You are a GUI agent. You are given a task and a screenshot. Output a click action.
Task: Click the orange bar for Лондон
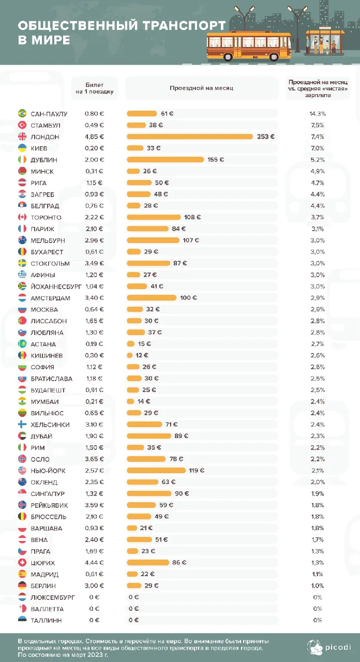190,137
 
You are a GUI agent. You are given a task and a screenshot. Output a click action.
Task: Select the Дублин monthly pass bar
165,160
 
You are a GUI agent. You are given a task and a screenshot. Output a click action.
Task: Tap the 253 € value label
266,137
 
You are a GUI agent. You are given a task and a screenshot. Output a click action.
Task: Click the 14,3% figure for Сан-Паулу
318,114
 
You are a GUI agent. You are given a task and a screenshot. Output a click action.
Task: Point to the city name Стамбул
46,125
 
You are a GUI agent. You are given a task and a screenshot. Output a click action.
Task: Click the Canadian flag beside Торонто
22,217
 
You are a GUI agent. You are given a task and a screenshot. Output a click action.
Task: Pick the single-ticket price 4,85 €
94,137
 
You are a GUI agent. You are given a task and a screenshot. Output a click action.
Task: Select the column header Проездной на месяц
201,88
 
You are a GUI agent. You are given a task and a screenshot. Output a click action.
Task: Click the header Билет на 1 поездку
95,88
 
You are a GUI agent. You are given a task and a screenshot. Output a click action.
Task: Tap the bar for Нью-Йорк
156,470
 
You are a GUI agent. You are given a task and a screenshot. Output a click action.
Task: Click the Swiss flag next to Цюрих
22,562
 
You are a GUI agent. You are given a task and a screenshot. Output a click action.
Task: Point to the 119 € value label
197,470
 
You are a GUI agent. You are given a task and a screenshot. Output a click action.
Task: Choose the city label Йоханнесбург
56,287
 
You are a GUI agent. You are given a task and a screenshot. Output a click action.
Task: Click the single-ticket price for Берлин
94,585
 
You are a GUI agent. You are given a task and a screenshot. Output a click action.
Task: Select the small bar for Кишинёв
129,355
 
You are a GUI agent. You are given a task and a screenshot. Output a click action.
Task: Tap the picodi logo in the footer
328,647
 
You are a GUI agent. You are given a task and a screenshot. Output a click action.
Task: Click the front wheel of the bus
274,56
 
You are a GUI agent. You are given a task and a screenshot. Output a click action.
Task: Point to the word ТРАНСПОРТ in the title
185,25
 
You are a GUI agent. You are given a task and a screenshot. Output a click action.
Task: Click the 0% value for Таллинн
318,620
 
